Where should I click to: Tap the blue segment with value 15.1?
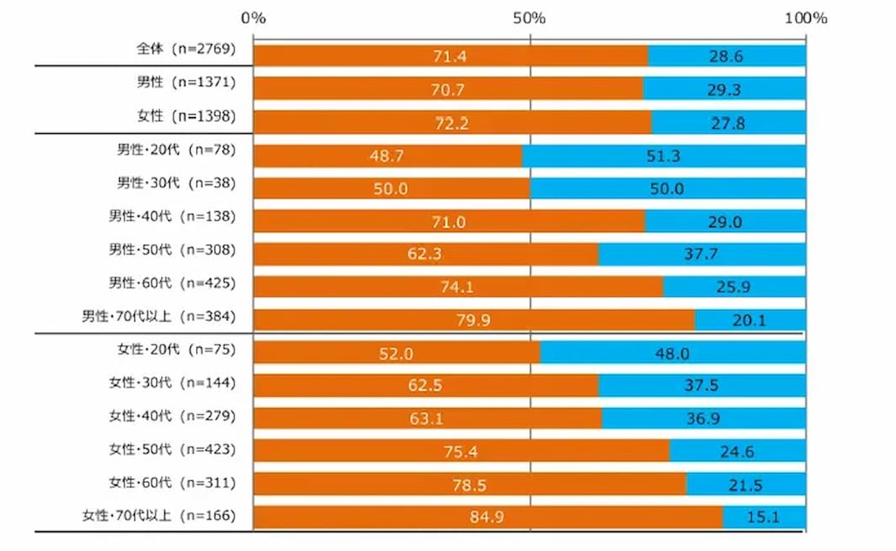(764, 517)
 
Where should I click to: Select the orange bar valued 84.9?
(488, 517)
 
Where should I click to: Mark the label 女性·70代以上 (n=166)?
(160, 516)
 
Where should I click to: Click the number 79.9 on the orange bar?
(473, 320)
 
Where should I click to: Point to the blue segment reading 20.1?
(750, 320)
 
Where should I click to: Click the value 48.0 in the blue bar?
(672, 353)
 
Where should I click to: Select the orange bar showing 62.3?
(426, 255)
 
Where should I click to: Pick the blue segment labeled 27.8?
(728, 123)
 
